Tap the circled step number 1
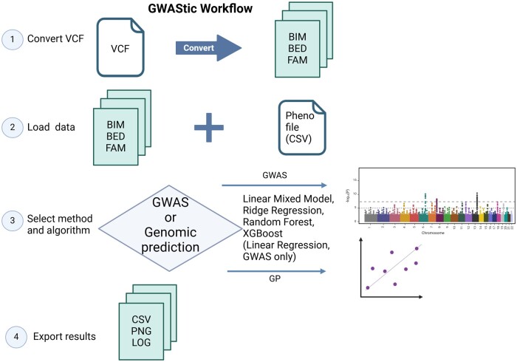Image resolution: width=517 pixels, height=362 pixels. pyautogui.click(x=13, y=38)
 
